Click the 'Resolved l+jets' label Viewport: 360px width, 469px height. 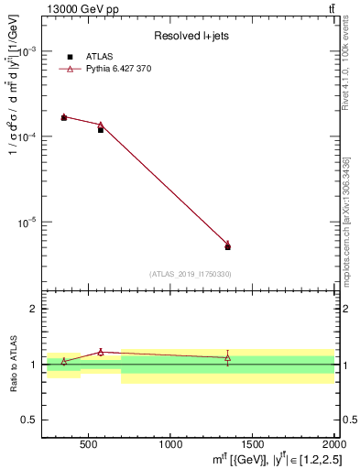click(190, 36)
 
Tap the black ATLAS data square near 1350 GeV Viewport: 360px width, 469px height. click(227, 247)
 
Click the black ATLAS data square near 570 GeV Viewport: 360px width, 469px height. click(101, 130)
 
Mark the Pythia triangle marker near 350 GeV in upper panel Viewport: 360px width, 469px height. click(64, 116)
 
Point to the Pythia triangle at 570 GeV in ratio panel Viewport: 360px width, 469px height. click(101, 352)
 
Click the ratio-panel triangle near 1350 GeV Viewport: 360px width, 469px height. click(227, 357)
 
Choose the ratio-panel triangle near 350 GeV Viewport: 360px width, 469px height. click(64, 361)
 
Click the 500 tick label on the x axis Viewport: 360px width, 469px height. click(89, 444)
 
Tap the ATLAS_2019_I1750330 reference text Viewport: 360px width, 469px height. click(190, 274)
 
